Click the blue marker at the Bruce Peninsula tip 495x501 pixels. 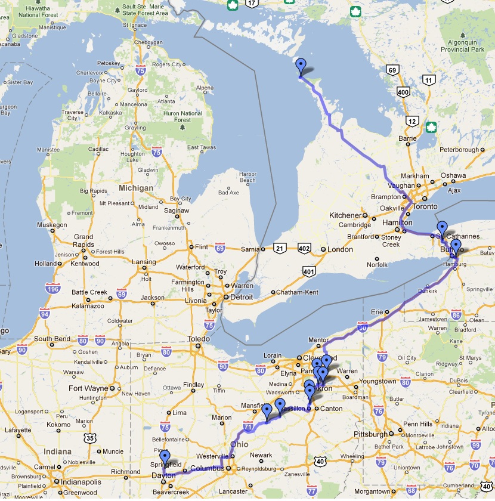click(x=301, y=67)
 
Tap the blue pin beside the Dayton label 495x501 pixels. click(x=165, y=459)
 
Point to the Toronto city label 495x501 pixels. click(x=442, y=207)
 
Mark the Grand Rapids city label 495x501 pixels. click(x=83, y=241)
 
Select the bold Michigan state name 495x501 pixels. click(x=135, y=188)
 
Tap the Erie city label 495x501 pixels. click(x=376, y=311)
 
